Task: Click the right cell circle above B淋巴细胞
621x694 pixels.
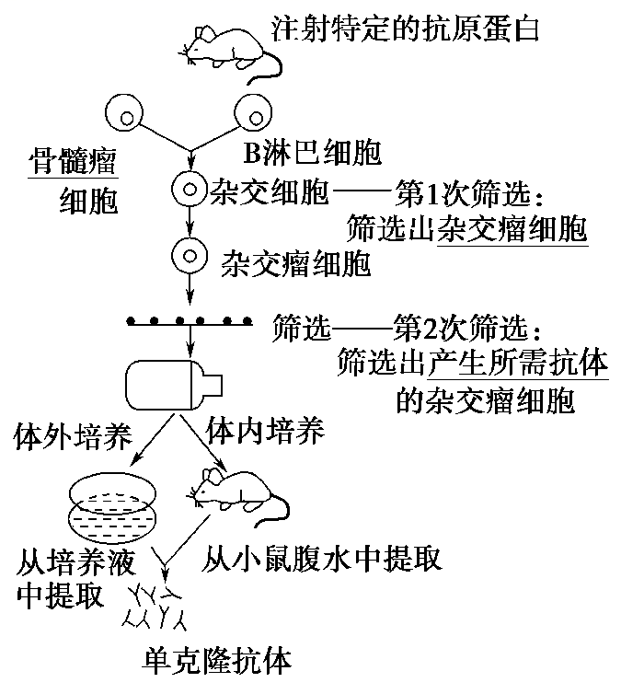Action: click(x=252, y=114)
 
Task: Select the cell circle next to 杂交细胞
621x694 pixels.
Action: click(x=189, y=192)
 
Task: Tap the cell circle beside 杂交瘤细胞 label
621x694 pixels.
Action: click(x=189, y=254)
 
